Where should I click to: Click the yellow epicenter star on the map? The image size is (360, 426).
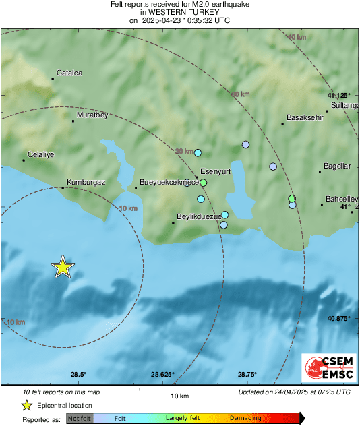[63, 268]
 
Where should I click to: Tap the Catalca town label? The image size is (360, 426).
[69, 73]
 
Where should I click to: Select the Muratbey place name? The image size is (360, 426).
[92, 115]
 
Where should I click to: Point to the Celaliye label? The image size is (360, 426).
[40, 154]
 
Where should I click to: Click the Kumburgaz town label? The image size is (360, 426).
[84, 182]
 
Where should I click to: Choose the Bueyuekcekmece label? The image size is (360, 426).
[169, 182]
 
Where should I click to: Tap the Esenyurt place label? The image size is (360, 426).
[216, 171]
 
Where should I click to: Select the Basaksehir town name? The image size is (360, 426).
[305, 117]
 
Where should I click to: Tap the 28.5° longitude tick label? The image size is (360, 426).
[79, 375]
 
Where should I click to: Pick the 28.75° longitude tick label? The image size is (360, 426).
[247, 375]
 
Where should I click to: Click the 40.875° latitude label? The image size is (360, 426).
[337, 318]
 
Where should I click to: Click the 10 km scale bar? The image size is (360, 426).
[179, 390]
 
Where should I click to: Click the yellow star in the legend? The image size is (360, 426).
[26, 405]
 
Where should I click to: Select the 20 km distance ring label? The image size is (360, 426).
[183, 151]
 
